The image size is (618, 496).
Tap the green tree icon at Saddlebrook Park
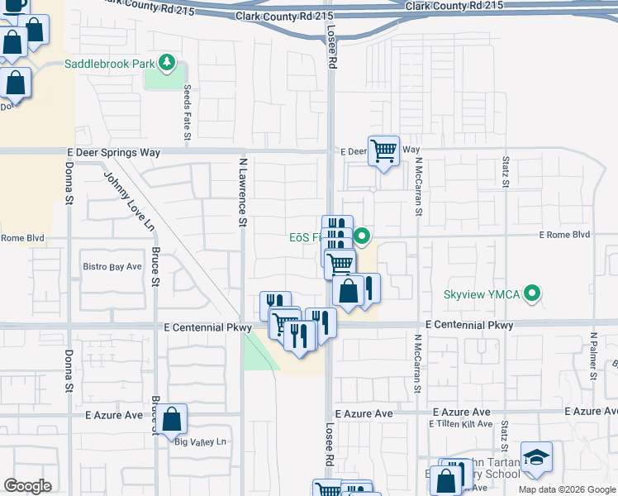(168, 63)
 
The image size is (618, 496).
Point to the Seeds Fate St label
(188, 111)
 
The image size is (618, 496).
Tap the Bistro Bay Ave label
(112, 267)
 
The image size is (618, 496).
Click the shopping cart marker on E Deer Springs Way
(383, 151)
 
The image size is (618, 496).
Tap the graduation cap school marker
(536, 457)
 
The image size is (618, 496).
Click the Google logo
(27, 486)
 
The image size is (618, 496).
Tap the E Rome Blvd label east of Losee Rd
(564, 235)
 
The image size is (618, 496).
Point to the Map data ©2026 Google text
(566, 489)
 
